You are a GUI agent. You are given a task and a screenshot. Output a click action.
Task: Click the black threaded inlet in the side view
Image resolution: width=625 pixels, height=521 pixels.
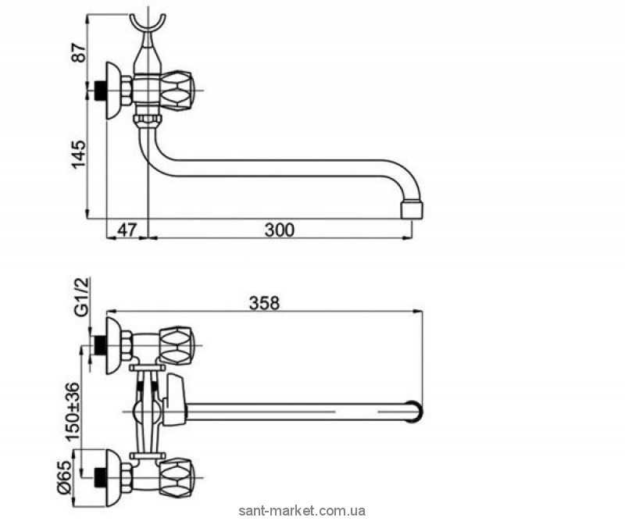(97, 90)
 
